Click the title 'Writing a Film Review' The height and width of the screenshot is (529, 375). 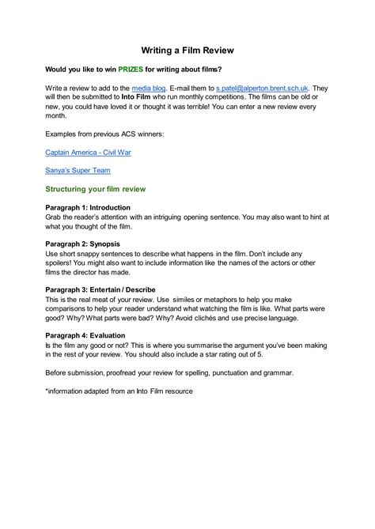click(187, 49)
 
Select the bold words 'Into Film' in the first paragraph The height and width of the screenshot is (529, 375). click(144, 101)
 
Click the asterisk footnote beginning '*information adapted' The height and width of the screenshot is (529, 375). click(119, 391)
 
